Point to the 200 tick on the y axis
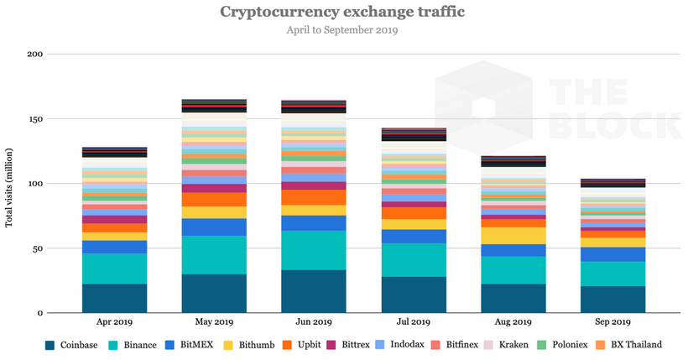pyautogui.click(x=34, y=54)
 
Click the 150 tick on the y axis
pyautogui.click(x=34, y=119)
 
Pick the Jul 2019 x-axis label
pyautogui.click(x=414, y=322)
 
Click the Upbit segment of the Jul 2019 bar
pyautogui.click(x=414, y=213)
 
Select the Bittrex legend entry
pyautogui.click(x=346, y=344)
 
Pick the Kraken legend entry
pyautogui.click(x=512, y=344)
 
